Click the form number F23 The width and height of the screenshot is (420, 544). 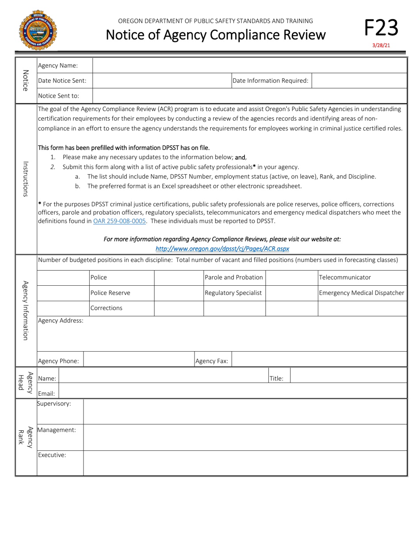pyautogui.click(x=381, y=27)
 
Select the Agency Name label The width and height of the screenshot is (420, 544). pyautogui.click(x=58, y=65)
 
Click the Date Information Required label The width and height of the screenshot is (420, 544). pyautogui.click(x=270, y=80)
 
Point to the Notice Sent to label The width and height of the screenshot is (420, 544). pyautogui.click(x=59, y=95)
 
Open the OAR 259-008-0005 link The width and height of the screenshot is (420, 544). pyautogui.click(x=119, y=221)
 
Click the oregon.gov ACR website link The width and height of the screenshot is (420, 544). pyautogui.click(x=222, y=249)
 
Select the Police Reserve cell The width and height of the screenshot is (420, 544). pyautogui.click(x=110, y=293)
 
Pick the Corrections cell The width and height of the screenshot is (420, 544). pyautogui.click(x=106, y=308)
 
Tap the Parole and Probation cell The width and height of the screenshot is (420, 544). pyautogui.click(x=234, y=277)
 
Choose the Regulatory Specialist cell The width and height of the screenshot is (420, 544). pyautogui.click(x=233, y=293)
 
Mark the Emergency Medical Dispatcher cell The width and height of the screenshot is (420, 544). pyautogui.click(x=361, y=293)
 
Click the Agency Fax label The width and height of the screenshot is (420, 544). pyautogui.click(x=212, y=361)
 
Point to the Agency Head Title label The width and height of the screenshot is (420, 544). pyautogui.click(x=276, y=378)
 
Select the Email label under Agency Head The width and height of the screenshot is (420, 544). pyautogui.click(x=46, y=393)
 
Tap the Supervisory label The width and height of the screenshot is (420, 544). pyautogui.click(x=54, y=403)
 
